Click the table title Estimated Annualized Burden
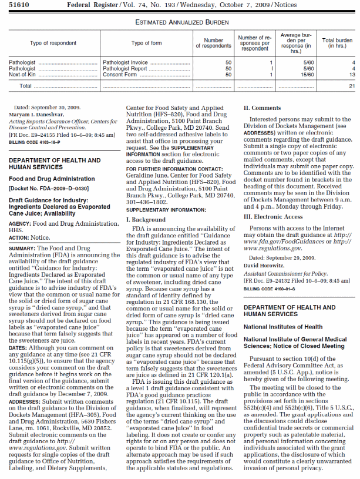(x=180, y=22)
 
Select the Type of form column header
(x=146, y=43)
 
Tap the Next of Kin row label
(x=22, y=75)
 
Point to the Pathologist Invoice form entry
(x=125, y=62)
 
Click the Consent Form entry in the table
(x=120, y=75)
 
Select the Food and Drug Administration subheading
(x=52, y=179)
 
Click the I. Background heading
(x=146, y=220)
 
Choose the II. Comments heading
(x=262, y=108)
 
